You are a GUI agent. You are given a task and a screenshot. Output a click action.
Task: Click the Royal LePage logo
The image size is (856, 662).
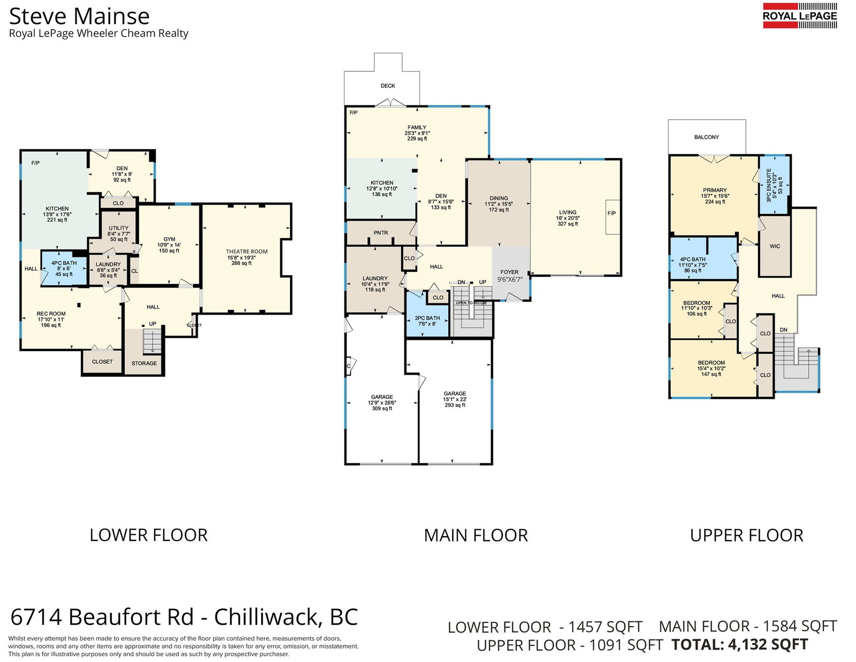click(800, 16)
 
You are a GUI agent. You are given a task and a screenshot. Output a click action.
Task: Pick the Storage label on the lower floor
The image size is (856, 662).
click(144, 363)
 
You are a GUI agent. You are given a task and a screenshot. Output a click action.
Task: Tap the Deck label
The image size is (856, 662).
click(388, 86)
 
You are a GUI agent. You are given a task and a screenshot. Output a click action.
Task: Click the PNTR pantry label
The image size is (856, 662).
click(380, 233)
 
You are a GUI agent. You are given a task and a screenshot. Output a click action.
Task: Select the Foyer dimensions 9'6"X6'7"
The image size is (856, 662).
click(510, 280)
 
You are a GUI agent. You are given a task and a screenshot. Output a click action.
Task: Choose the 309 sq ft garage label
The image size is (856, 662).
click(381, 403)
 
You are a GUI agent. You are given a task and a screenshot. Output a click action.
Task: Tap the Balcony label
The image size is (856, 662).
click(706, 137)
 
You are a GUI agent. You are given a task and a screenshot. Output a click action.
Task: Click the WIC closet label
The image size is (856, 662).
click(775, 246)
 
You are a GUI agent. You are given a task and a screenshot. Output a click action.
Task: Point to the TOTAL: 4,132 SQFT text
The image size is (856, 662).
click(739, 644)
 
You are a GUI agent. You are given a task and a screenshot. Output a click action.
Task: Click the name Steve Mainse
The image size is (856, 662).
click(79, 17)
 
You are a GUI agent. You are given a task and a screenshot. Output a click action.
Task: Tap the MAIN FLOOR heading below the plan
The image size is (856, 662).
click(476, 536)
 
